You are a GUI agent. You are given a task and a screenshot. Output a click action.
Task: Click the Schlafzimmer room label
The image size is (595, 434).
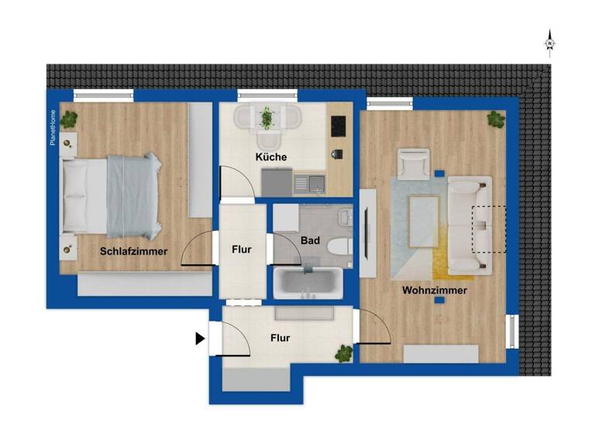[133, 251]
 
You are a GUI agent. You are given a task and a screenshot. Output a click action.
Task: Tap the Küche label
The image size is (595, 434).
[271, 157]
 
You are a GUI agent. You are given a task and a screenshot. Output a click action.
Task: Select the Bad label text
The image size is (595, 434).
[311, 241]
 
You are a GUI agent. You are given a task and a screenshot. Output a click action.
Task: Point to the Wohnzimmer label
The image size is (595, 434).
[434, 291]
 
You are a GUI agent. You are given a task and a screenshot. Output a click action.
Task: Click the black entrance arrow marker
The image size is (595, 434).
[200, 339]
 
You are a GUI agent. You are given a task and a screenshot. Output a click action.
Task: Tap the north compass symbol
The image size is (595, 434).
[549, 43]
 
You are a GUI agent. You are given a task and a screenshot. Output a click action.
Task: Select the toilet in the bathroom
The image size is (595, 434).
[338, 247]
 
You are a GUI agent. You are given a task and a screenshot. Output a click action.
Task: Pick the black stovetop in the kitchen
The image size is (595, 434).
[339, 124]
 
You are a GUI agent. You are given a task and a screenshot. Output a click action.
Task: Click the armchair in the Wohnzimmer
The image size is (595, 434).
[414, 163]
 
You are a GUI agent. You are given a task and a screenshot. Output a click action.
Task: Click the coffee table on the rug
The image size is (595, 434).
[423, 211]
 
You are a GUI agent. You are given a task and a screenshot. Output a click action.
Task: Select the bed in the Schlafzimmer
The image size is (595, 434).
[110, 195]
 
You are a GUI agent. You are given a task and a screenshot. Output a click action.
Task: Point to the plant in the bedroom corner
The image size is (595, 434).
[70, 119]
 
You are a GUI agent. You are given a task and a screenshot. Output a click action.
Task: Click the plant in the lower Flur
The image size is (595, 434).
[342, 353]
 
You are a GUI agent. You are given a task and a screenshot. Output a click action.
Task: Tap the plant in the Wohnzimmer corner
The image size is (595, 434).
[495, 119]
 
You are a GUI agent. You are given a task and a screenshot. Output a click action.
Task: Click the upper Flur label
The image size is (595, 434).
[241, 250]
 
